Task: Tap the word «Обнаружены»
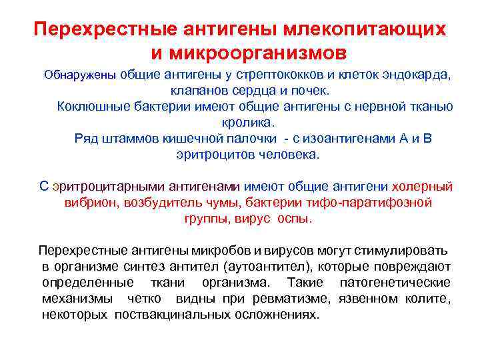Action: pyautogui.click(x=80, y=75)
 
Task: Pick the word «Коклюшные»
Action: pyautogui.click(x=89, y=107)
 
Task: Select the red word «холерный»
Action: pyautogui.click(x=422, y=186)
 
